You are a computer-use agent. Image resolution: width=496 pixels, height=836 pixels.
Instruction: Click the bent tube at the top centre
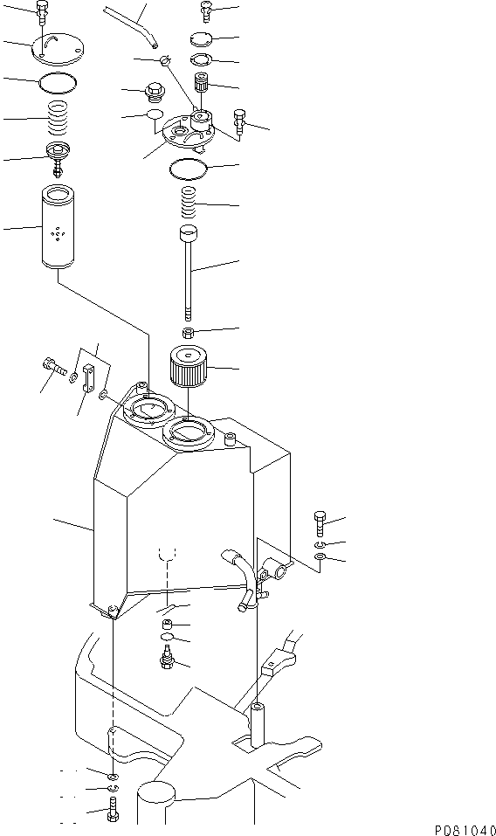coord(132,24)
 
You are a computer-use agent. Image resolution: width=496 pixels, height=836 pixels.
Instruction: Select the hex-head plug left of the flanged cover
coord(155,91)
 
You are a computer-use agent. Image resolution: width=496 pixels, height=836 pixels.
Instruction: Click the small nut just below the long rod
coord(188,335)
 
